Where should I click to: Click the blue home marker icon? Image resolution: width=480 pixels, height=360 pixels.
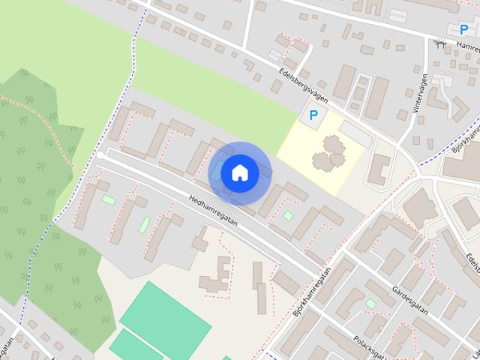[239, 172]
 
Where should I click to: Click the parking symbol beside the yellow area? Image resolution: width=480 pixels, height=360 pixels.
[314, 117]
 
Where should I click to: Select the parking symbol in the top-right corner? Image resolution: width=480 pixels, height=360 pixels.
[463, 29]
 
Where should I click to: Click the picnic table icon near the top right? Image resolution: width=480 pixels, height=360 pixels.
[440, 44]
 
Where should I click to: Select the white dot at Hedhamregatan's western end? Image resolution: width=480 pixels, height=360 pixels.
[100, 155]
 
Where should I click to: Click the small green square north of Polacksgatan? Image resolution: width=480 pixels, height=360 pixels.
[370, 304]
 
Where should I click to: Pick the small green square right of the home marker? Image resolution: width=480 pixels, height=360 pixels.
[288, 216]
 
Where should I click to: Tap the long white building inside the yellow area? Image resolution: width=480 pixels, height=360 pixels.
[353, 136]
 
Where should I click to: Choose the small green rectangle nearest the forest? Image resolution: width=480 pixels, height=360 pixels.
[109, 199]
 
